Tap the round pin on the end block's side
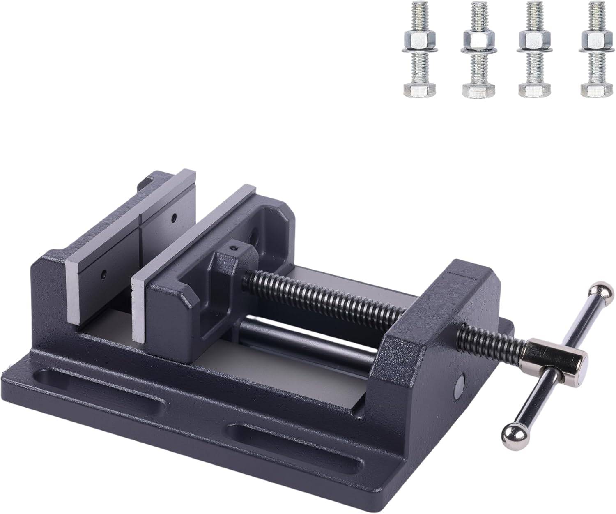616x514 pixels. click(460, 385)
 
